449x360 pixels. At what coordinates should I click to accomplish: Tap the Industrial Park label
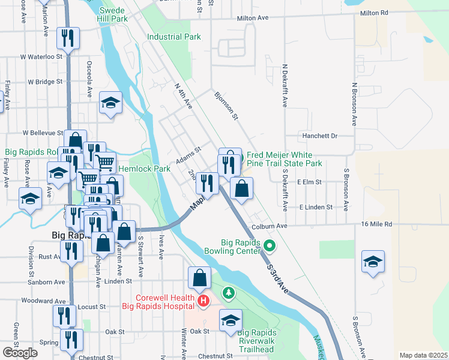pyautogui.click(x=174, y=37)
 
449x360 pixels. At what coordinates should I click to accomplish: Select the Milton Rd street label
pyautogui.click(x=375, y=13)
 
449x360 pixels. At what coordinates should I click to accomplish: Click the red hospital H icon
pyautogui.click(x=203, y=300)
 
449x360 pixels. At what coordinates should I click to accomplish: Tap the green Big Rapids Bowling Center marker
pyautogui.click(x=270, y=245)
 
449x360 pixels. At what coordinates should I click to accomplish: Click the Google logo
pyautogui.click(x=20, y=353)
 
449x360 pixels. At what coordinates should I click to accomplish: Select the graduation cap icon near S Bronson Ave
pyautogui.click(x=373, y=262)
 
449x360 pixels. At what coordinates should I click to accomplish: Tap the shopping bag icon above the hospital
pyautogui.click(x=200, y=278)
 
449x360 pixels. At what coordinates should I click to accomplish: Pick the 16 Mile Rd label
pyautogui.click(x=376, y=224)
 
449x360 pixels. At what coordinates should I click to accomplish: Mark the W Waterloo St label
pyautogui.click(x=41, y=56)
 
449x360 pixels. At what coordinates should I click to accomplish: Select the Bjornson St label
pyautogui.click(x=227, y=104)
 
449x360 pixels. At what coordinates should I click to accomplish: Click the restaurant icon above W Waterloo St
pyautogui.click(x=67, y=38)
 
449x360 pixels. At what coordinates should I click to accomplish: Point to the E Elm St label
pyautogui.click(x=310, y=181)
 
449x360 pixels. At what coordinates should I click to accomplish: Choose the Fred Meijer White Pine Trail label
pyautogui.click(x=285, y=159)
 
